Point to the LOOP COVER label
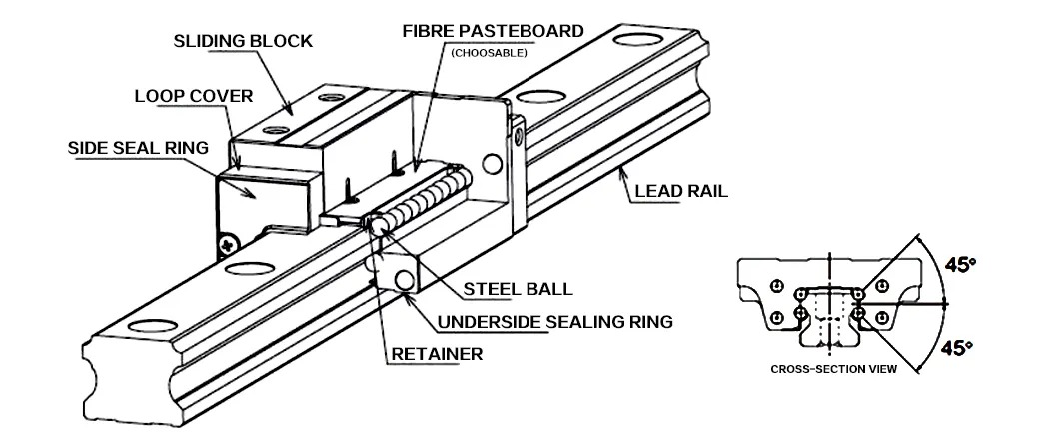tap(193, 97)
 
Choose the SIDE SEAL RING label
tap(138, 147)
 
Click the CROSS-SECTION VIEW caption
tap(833, 369)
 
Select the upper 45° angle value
tap(960, 266)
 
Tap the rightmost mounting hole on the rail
tap(639, 42)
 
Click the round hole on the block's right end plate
tap(490, 163)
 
